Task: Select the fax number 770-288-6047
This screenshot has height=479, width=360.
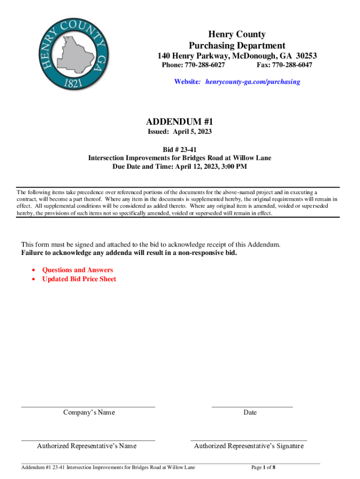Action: pos(292,65)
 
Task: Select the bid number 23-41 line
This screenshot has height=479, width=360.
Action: pos(180,150)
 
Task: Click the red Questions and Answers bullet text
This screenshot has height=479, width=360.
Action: pos(78,270)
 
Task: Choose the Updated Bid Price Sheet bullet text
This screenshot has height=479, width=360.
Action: pos(79,279)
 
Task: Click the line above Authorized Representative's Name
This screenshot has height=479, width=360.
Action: pos(88,440)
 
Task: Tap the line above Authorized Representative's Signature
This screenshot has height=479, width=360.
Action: pos(249,440)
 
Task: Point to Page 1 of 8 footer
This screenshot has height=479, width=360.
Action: pos(263,467)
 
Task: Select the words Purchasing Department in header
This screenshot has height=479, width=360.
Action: pos(237,45)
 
